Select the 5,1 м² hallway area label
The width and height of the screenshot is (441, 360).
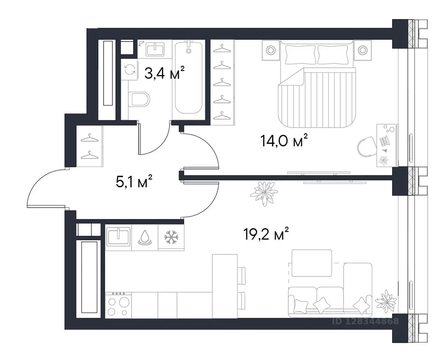pos(134,181)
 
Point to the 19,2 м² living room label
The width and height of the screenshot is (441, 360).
pos(266,234)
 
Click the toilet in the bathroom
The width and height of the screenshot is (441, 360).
pos(139,99)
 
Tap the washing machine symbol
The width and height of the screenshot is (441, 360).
pos(130,69)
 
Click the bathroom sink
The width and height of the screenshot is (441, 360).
pos(155,49)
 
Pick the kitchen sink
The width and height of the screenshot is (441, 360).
pos(118,236)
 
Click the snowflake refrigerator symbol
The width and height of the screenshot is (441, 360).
pos(171,237)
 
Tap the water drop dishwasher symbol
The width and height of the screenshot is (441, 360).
pos(145,237)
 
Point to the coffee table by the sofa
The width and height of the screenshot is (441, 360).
pos(312,263)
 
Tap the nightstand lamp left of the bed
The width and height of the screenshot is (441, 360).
pos(271,50)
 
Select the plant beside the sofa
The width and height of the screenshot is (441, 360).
pos(386,301)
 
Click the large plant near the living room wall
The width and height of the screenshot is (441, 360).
pos(264,193)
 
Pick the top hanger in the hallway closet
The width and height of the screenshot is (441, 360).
pos(89,138)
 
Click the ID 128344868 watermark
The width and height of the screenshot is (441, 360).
pos(365,321)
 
